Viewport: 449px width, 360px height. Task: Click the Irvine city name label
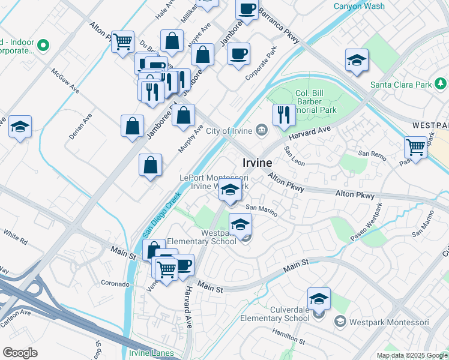coord(258,163)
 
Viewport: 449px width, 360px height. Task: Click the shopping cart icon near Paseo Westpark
coord(415,146)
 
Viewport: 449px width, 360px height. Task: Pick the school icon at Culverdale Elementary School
coord(319,298)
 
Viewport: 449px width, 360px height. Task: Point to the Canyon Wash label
coord(359,7)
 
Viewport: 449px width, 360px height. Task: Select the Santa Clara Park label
coord(401,84)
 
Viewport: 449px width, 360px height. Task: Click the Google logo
coord(20,352)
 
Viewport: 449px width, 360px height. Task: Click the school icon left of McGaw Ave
coord(20,127)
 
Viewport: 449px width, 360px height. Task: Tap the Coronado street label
coord(115,283)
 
